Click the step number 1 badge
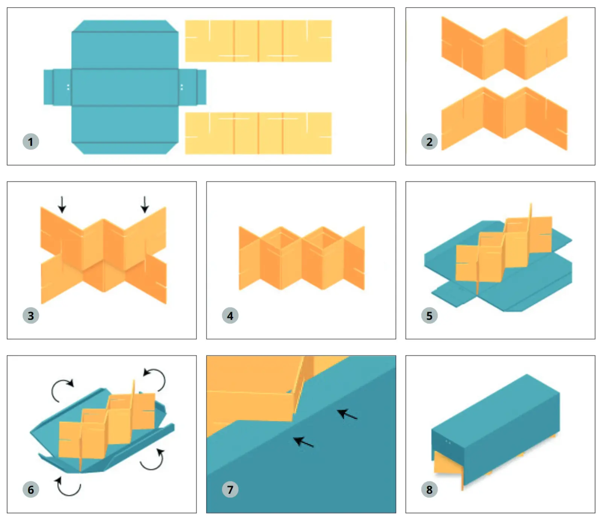31,142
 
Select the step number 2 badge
429,142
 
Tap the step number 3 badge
31,316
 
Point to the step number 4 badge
230,316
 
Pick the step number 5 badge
429,316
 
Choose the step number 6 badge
31,489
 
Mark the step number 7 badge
230,489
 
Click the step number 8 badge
429,489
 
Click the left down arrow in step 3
62,204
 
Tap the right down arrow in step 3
145,204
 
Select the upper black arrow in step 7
347,414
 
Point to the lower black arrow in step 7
303,442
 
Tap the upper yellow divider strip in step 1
258,41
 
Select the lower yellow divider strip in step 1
258,133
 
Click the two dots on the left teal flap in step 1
68,87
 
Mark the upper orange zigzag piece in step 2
504,48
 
